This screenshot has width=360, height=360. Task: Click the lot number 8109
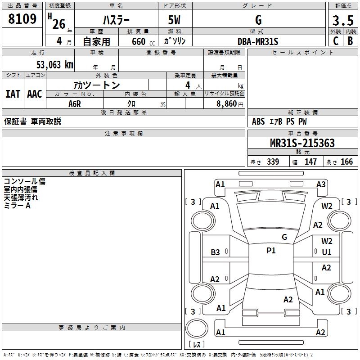(22, 19)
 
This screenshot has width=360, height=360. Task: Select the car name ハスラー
(116, 20)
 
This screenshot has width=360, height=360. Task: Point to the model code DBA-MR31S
(258, 41)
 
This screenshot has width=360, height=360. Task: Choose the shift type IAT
(13, 94)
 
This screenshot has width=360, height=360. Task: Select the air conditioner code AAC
(35, 94)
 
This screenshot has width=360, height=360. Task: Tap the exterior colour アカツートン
(96, 85)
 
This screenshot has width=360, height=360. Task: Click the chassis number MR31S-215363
(302, 144)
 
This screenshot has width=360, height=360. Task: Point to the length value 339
(273, 162)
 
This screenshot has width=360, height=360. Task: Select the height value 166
(346, 162)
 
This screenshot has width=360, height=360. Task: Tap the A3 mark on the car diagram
(321, 184)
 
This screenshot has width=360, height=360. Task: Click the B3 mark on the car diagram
(216, 252)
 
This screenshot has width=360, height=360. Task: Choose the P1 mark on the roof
(271, 251)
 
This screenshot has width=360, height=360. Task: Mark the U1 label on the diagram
(327, 252)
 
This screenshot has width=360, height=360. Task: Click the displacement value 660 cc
(139, 41)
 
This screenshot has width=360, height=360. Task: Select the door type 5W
(175, 20)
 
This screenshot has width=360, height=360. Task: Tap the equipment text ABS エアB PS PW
(280, 121)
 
